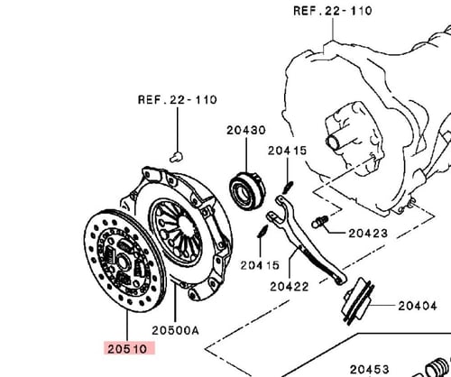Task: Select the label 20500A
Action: pyautogui.click(x=177, y=330)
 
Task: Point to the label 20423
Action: pyautogui.click(x=369, y=233)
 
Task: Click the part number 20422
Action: pyautogui.click(x=287, y=289)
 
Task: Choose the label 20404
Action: pyautogui.click(x=421, y=307)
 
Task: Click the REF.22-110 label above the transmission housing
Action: pyautogui.click(x=332, y=12)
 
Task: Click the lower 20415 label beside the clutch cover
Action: pyautogui.click(x=260, y=264)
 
